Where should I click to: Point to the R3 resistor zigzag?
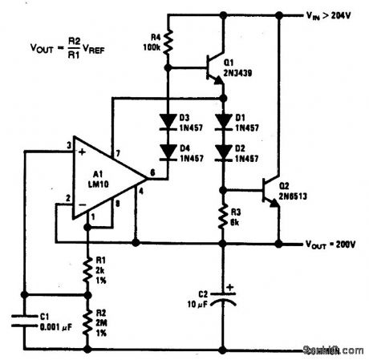point(224,214)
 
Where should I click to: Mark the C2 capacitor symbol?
point(224,298)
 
